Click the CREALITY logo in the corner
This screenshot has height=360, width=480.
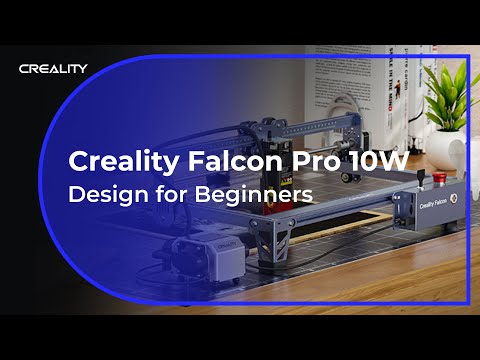coord(53,68)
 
